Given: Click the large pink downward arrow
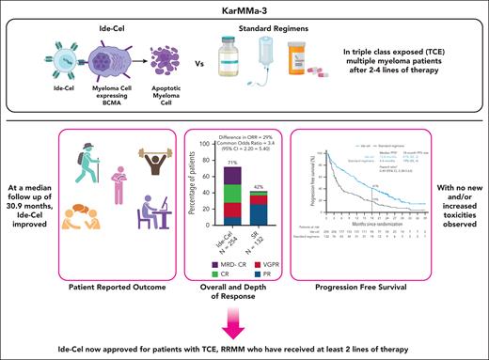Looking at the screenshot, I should (x=244, y=321).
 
